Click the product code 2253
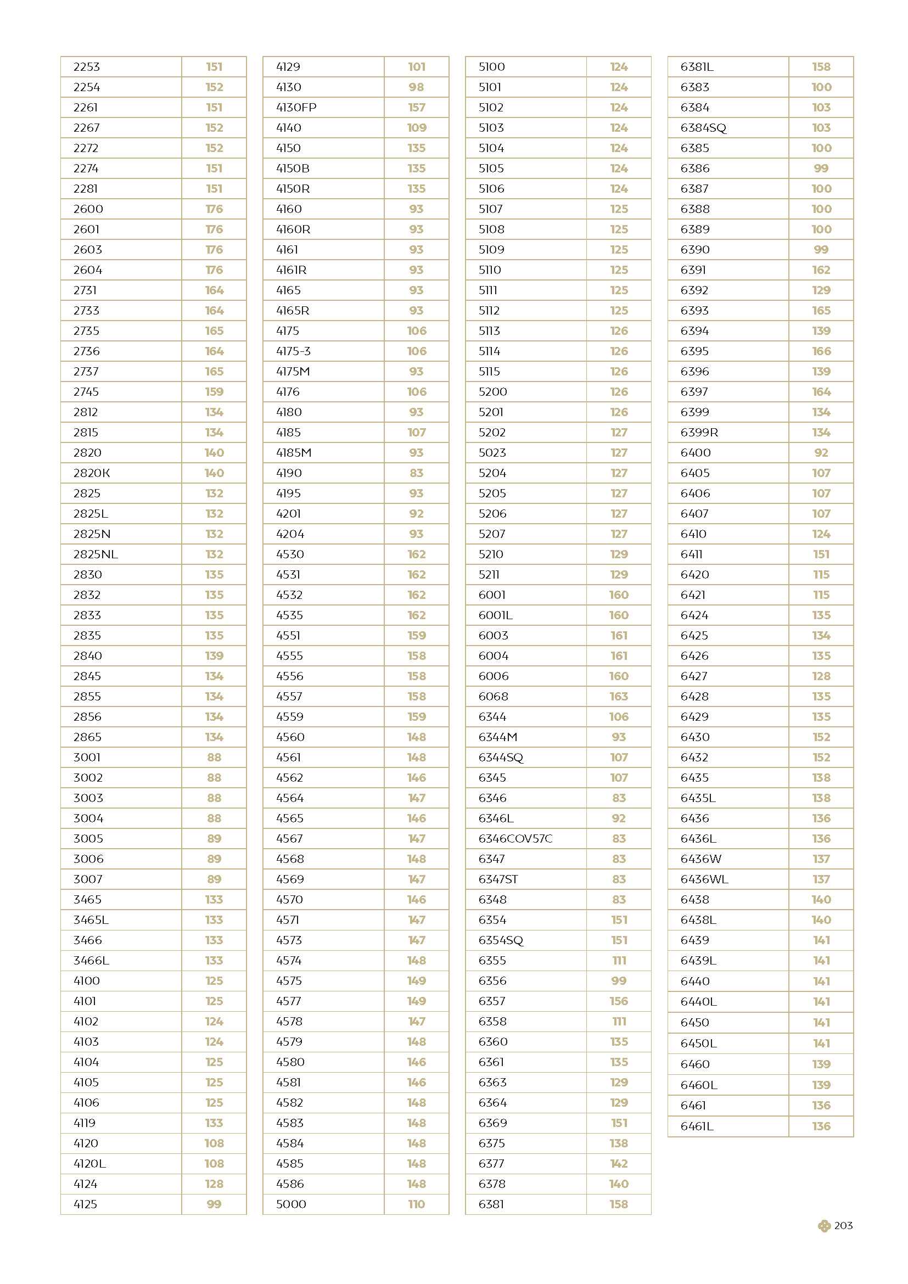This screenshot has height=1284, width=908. (87, 67)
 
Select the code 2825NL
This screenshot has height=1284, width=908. (96, 554)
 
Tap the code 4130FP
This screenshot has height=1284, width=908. (296, 108)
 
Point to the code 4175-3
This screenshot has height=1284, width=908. (293, 351)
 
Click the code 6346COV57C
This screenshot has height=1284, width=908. (515, 838)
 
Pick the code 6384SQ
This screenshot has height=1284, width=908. (703, 128)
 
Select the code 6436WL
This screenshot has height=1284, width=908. (704, 879)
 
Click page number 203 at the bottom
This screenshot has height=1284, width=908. (843, 1226)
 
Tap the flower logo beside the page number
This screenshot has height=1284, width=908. (823, 1226)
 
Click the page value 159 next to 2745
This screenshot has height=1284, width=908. (214, 392)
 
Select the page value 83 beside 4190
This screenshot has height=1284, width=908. (417, 473)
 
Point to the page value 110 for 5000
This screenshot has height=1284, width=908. (417, 1204)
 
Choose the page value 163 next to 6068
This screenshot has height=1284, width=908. (619, 696)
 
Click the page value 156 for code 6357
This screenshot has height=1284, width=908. (619, 1001)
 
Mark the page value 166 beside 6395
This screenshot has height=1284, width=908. (821, 351)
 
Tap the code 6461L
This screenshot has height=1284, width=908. (697, 1126)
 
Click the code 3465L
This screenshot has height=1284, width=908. (91, 920)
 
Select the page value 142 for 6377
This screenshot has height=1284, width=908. (619, 1163)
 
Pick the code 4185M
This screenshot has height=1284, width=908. (294, 453)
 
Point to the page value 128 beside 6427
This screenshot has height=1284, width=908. (821, 676)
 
